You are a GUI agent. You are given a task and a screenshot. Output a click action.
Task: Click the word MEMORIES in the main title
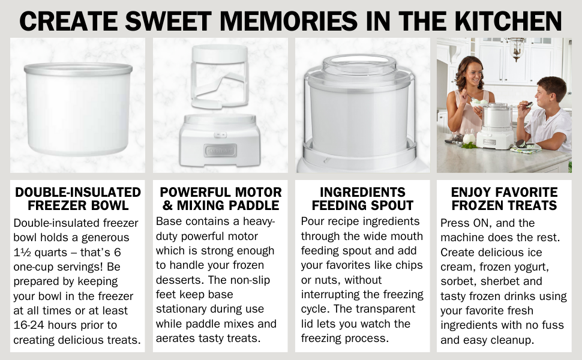[x=289, y=21]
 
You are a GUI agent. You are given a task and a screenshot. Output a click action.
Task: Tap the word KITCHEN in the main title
[x=508, y=21]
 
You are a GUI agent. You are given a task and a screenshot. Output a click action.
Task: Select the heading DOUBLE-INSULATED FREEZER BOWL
[x=78, y=199]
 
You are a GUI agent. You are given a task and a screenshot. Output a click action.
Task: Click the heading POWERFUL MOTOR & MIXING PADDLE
[x=220, y=199]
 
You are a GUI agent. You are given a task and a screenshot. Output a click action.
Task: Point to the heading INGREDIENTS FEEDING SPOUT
[x=362, y=199]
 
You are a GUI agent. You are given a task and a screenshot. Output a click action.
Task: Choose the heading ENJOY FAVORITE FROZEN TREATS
[x=504, y=199]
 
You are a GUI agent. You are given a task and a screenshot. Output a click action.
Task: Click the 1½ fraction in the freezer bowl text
[x=22, y=253]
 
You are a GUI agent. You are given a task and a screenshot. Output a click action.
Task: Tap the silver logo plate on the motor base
[x=220, y=151]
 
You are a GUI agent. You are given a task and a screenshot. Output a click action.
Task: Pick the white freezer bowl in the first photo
[x=78, y=109]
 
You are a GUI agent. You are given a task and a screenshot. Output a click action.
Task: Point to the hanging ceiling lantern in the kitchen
[x=516, y=48]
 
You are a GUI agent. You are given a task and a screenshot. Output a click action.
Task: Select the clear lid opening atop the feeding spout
[x=359, y=61]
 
